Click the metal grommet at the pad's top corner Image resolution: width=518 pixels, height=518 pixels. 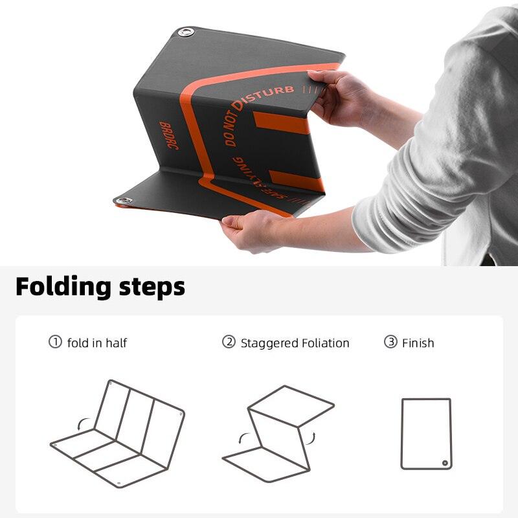point(186,32)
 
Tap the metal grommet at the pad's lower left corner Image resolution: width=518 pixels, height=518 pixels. point(122,201)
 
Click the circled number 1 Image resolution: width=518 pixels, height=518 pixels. point(55,342)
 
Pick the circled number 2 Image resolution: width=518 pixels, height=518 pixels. point(229,342)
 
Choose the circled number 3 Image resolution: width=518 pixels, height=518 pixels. point(390,342)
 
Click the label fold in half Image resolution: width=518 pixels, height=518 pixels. point(97,343)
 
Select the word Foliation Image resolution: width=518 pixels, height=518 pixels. point(326,343)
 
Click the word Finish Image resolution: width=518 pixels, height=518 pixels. point(418,343)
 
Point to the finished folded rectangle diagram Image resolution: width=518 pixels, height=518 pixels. point(426,433)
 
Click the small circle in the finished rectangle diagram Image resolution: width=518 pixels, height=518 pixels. point(445,462)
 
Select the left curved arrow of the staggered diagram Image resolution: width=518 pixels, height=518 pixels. point(242,438)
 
